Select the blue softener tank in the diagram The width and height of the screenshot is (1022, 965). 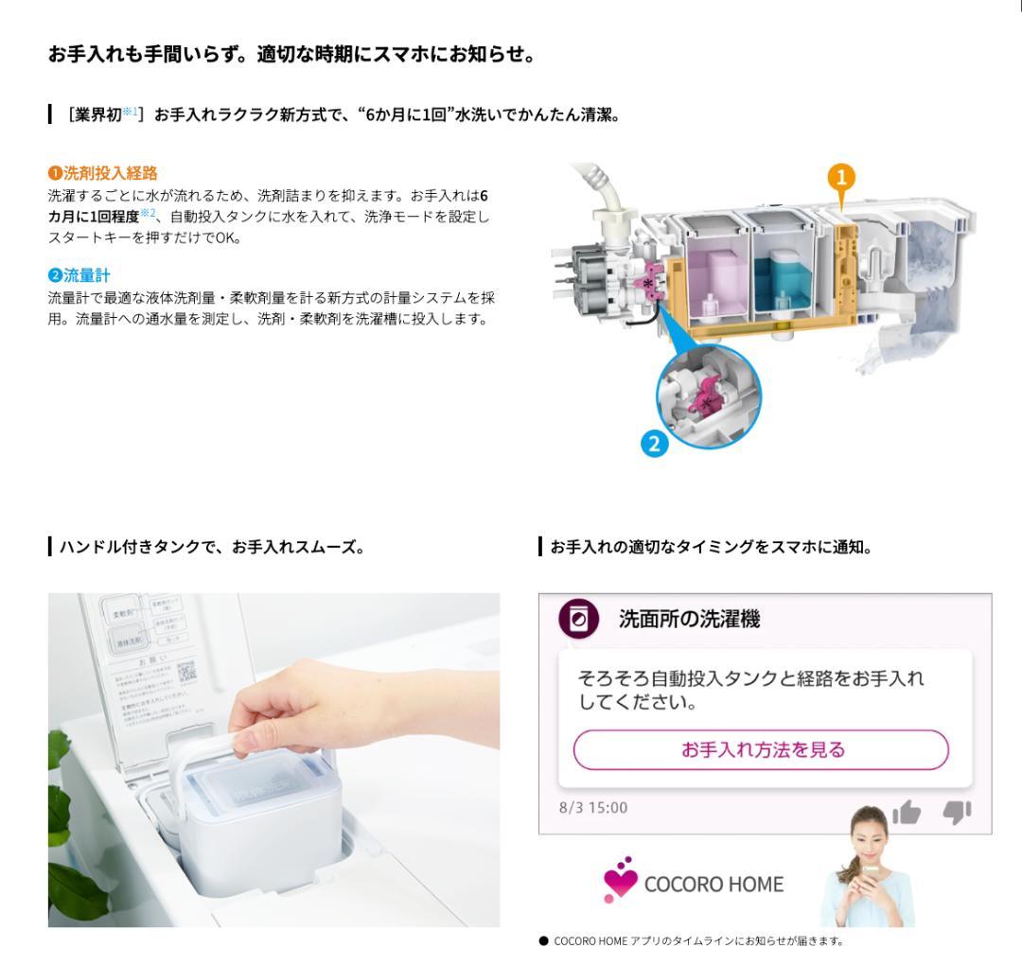click(782, 274)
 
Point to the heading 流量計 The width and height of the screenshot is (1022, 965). click(84, 275)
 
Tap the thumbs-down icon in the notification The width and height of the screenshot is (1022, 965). click(956, 811)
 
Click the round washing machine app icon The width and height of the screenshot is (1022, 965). click(577, 620)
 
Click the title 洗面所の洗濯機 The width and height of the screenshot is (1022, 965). click(689, 621)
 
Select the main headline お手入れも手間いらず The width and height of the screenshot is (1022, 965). click(291, 55)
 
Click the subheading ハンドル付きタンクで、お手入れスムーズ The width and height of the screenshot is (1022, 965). click(207, 547)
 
